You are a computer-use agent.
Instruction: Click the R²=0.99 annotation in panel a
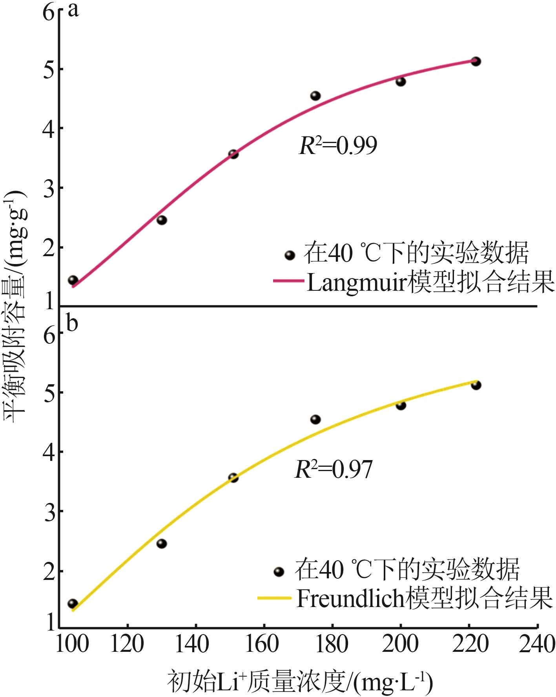[x=338, y=146]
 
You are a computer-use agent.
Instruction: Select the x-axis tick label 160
[x=261, y=645]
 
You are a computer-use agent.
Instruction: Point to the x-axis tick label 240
[x=537, y=645]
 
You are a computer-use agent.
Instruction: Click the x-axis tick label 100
[x=73, y=645]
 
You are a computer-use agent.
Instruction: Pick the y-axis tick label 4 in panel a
[x=49, y=128]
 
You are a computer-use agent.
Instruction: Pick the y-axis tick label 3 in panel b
[x=49, y=512]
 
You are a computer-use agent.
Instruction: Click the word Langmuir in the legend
[x=355, y=282]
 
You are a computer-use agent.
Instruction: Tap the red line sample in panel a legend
[x=288, y=281]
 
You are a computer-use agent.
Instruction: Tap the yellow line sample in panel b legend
[x=275, y=598]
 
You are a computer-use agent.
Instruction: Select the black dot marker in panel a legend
[x=290, y=255]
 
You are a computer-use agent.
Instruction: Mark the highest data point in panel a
[x=476, y=61]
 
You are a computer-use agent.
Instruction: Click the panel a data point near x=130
[x=162, y=220]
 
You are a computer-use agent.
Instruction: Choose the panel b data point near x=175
[x=315, y=420]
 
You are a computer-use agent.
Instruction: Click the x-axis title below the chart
[x=300, y=683]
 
